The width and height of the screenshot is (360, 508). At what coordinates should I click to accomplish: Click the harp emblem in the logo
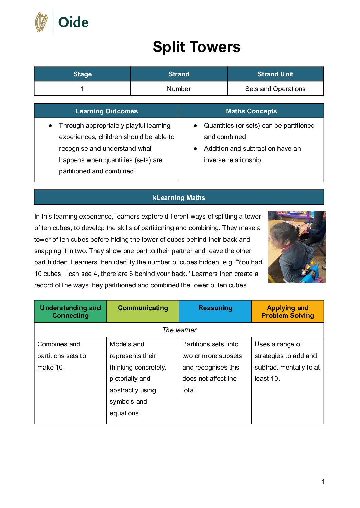[41, 22]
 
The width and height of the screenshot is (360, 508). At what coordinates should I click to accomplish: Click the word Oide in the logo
[73, 23]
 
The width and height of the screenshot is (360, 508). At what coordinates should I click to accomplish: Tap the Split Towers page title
[196, 47]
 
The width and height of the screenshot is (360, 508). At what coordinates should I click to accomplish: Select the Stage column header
[83, 74]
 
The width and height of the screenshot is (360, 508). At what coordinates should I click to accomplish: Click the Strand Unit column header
[275, 74]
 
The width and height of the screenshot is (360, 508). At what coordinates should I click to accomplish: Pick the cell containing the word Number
[179, 89]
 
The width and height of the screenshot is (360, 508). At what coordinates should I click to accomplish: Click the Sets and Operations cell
[275, 89]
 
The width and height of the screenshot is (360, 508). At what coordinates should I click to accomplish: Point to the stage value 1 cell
[82, 89]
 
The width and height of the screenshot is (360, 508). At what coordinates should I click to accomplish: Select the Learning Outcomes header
[106, 111]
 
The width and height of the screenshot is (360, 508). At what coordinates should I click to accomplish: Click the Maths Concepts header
[251, 111]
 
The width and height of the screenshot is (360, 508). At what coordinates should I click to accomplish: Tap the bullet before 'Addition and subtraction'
[195, 149]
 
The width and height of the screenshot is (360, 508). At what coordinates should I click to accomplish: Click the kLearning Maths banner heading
[179, 197]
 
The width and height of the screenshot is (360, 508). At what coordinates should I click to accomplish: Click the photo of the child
[296, 247]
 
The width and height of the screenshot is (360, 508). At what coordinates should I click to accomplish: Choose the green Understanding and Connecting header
[70, 312]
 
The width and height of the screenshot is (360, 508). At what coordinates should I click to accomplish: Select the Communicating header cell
[143, 308]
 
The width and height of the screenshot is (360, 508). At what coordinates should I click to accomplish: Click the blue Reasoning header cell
[215, 308]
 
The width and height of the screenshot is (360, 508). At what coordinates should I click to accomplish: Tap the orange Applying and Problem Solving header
[288, 312]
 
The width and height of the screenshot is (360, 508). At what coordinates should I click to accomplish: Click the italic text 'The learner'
[179, 330]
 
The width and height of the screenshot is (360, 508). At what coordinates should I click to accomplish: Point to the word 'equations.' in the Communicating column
[125, 413]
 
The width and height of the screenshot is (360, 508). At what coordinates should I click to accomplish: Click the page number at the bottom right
[323, 482]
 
